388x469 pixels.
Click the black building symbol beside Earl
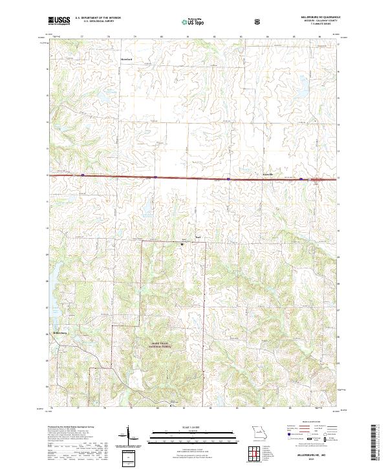coord(182,244)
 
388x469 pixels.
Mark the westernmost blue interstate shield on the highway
coord(83,175)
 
